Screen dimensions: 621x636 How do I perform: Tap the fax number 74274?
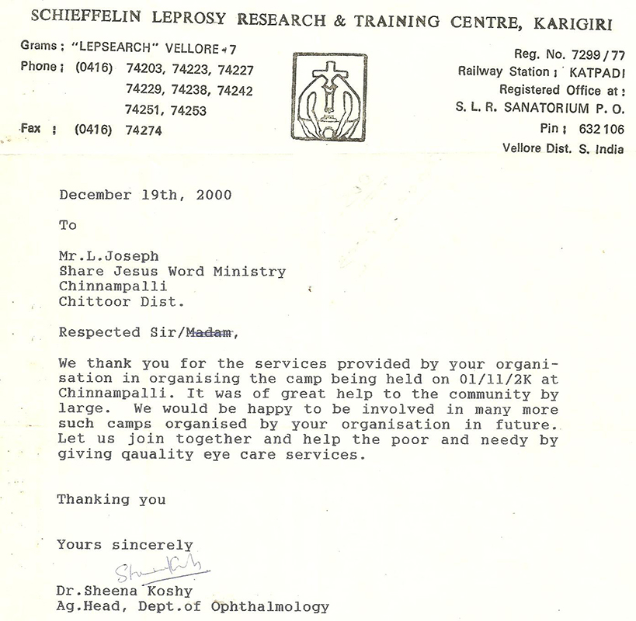[x=144, y=130]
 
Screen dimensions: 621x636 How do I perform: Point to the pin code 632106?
[x=603, y=128]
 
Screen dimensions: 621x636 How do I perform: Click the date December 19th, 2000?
[x=145, y=195]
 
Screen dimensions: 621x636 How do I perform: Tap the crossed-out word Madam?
[x=209, y=333]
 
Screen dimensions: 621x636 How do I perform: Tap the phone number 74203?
[x=144, y=69]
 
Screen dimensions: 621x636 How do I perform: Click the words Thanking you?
[x=111, y=499]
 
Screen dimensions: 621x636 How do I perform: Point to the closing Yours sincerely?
[x=124, y=545]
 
